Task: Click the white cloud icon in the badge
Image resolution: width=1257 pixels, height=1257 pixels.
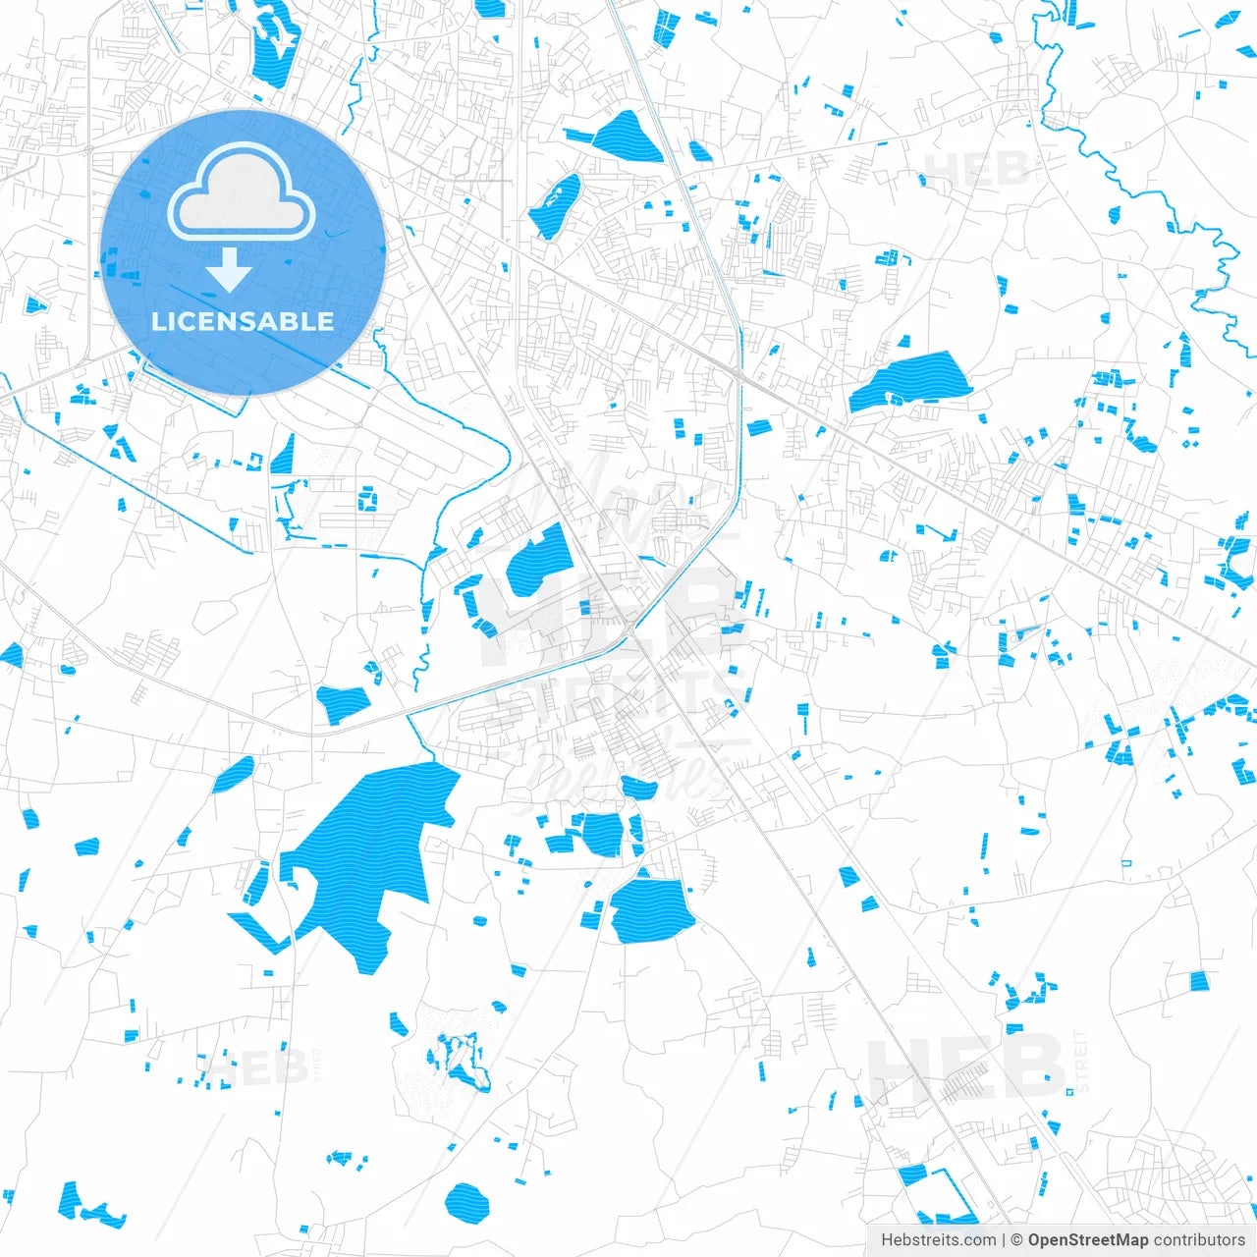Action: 242,193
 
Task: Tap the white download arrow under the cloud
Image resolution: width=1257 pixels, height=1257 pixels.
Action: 230,270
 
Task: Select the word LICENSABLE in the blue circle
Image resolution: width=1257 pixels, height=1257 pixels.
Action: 243,321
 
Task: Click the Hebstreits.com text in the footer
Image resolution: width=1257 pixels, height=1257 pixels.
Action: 938,1240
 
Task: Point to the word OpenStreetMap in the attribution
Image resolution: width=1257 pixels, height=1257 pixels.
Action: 1087,1240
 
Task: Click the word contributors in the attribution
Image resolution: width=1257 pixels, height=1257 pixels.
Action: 1199,1240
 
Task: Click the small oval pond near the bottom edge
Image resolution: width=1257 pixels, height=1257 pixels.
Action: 466,1200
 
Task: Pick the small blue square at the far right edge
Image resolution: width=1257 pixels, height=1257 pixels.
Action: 1198,980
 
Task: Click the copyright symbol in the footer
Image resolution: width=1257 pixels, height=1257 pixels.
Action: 1017,1240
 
